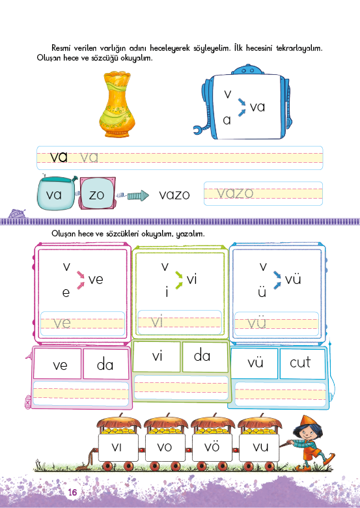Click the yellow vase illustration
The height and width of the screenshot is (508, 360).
pos(117,104)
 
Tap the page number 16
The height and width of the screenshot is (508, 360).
pos(72,492)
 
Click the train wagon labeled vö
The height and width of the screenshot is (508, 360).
pos(212,442)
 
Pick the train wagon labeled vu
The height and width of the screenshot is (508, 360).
pos(259,442)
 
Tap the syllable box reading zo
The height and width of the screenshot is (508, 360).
pos(97,193)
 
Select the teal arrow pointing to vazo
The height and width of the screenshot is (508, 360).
pos(138,195)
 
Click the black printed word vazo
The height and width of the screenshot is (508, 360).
pos(174,195)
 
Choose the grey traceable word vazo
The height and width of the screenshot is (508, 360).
pos(235,193)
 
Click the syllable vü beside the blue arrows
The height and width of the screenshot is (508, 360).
pos(293,279)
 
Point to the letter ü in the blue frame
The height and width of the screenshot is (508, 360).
pos(262,292)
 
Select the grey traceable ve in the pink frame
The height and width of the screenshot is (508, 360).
pos(62,323)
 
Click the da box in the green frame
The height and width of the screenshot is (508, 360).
pos(205,356)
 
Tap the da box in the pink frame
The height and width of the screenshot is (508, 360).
pos(106,364)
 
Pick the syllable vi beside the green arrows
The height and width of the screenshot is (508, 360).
pos(191,279)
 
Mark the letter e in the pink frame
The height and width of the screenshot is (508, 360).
pos(66,293)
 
